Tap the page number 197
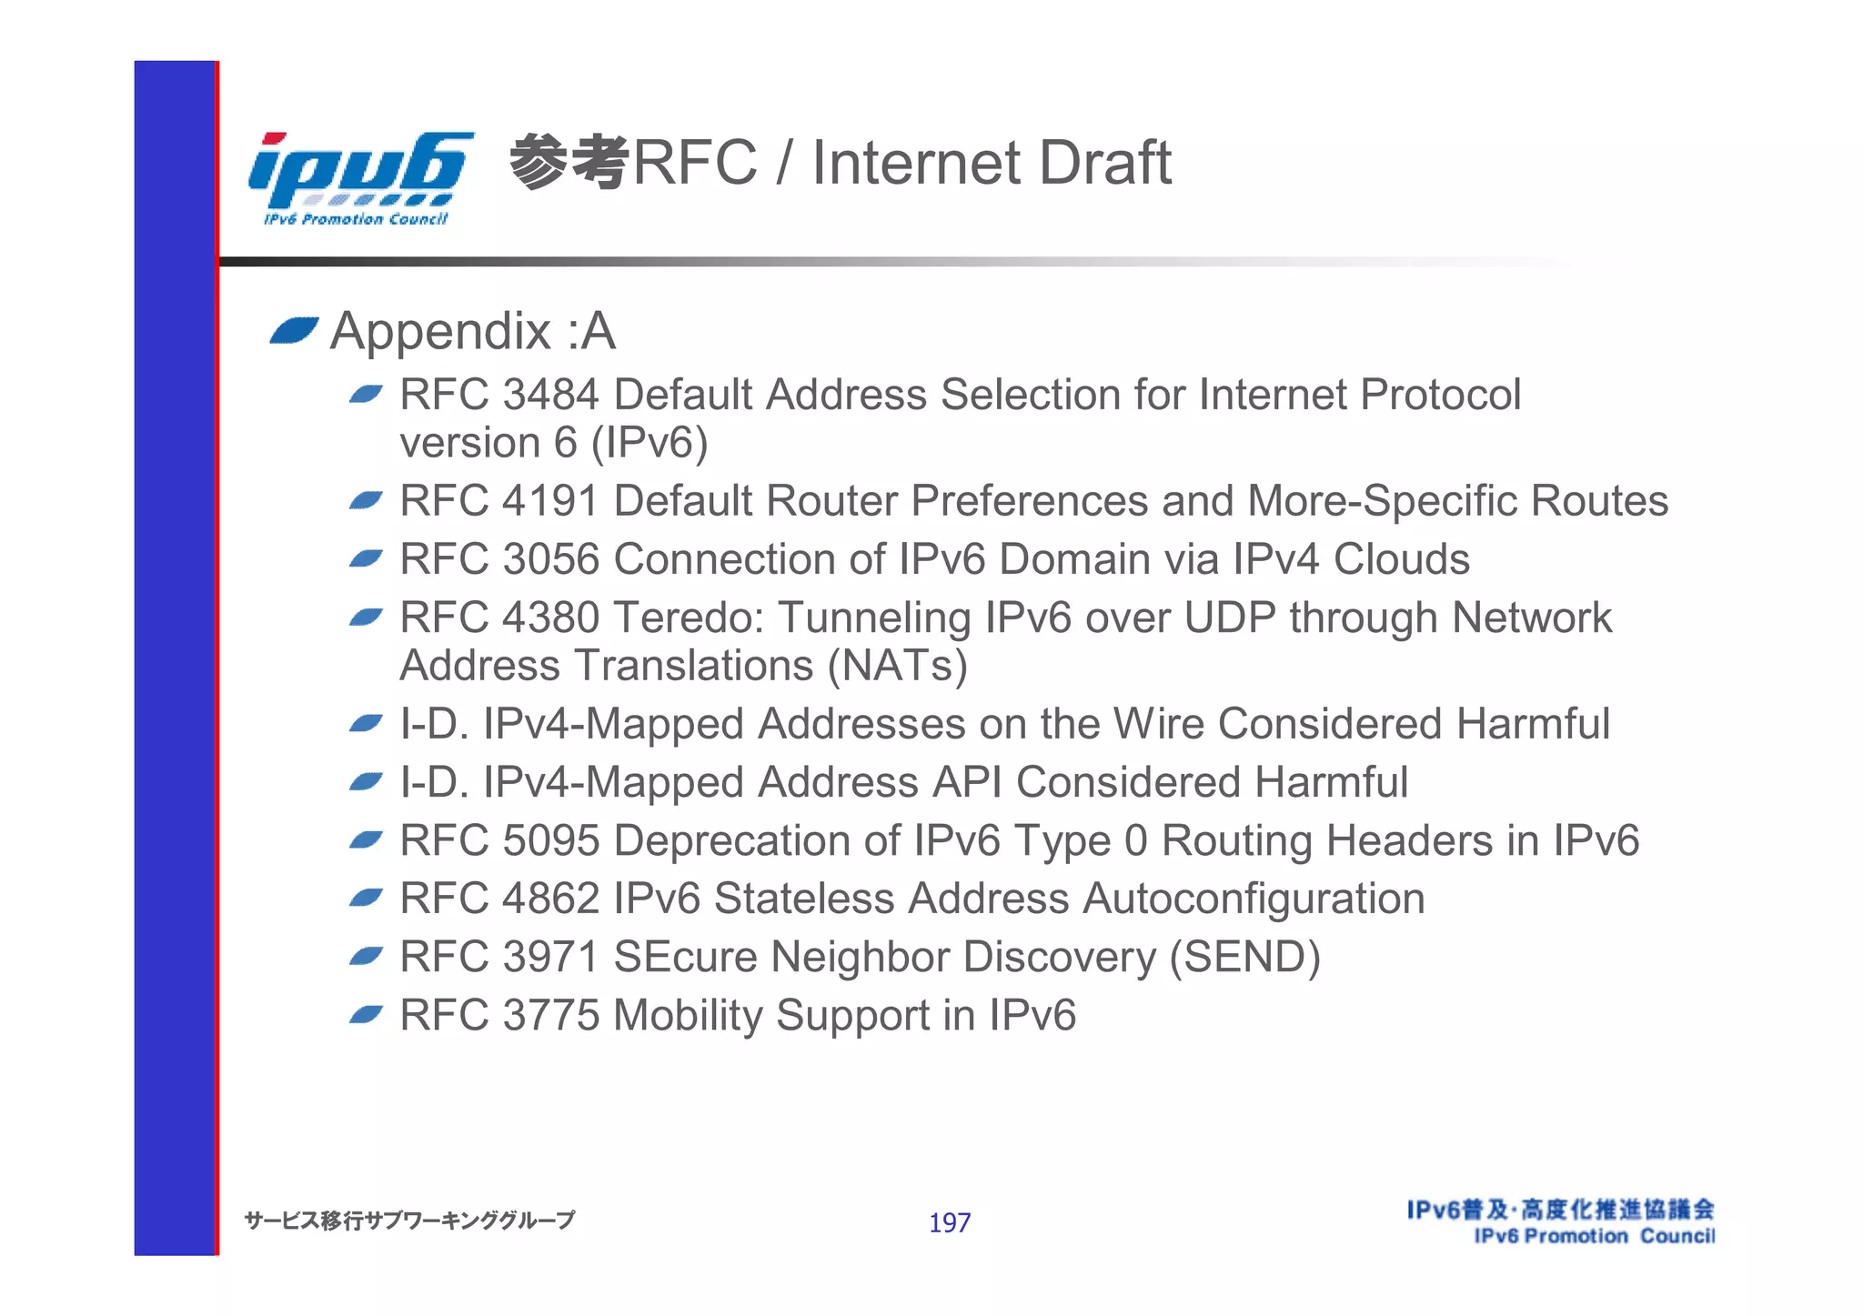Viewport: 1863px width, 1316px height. click(x=949, y=1222)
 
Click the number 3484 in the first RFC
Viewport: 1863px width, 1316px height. click(x=550, y=395)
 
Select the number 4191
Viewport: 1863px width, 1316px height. click(x=550, y=501)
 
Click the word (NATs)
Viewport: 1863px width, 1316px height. click(x=897, y=666)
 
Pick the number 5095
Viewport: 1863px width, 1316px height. click(x=550, y=840)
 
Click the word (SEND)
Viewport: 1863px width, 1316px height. click(x=1244, y=958)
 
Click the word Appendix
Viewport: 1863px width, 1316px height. click(x=440, y=331)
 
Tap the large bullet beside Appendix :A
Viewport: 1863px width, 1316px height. click(x=294, y=331)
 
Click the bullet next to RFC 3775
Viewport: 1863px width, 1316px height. click(x=366, y=1014)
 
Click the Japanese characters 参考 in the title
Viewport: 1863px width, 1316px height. click(x=569, y=162)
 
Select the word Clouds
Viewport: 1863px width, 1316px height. click(x=1401, y=559)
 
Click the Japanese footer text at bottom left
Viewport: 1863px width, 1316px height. click(x=409, y=1221)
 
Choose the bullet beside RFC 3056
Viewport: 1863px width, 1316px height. click(x=366, y=558)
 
